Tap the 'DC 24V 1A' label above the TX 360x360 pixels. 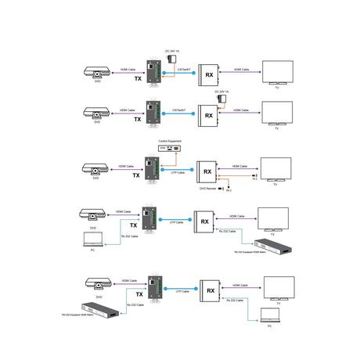tap(172, 51)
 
